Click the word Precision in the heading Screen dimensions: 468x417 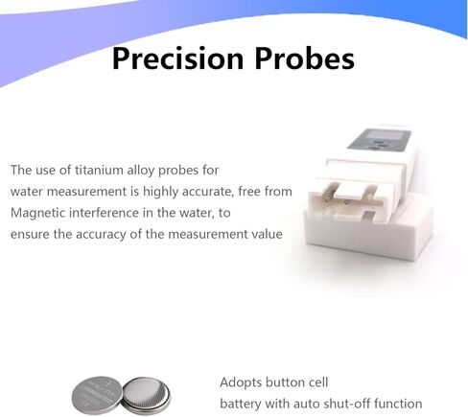click(x=177, y=58)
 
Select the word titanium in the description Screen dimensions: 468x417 click(x=100, y=170)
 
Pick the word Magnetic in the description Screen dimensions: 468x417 click(x=37, y=214)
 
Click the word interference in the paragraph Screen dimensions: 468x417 click(x=104, y=213)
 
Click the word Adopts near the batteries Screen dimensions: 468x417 click(x=241, y=382)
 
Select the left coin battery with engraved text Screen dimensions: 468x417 click(x=97, y=395)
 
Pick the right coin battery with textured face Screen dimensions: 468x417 click(x=146, y=394)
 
